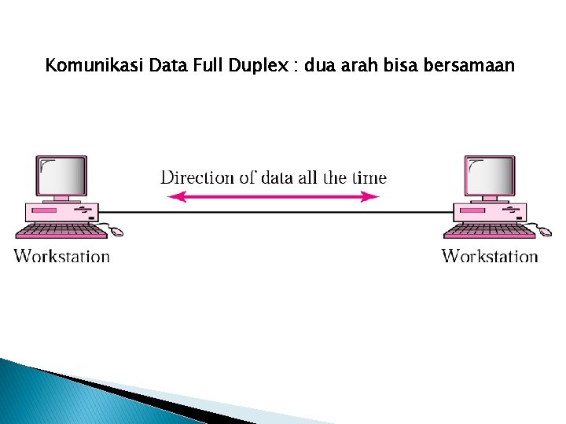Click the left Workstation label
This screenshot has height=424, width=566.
62,256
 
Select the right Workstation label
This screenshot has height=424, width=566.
490,256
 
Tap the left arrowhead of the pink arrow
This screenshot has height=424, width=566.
174,197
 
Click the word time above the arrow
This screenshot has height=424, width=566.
369,177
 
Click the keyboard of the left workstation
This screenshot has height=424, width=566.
61,231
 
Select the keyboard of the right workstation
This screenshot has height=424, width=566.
489,231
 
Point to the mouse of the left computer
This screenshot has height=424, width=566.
116,232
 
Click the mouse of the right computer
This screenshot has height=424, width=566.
544,232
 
